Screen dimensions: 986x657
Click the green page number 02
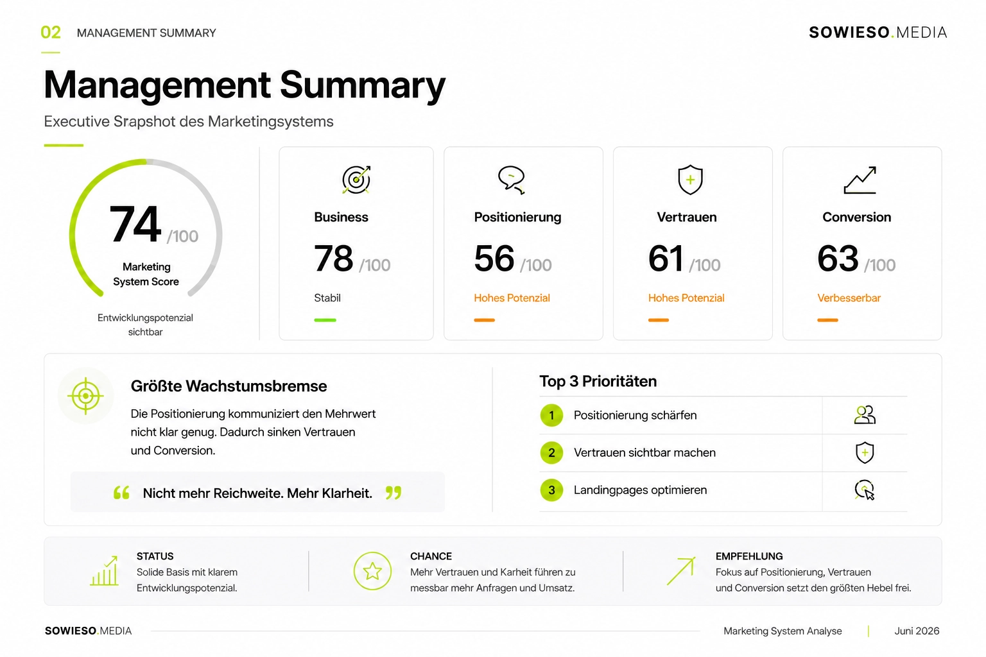tap(51, 33)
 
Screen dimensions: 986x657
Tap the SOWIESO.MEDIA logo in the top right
tap(878, 33)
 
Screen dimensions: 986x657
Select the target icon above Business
tap(356, 180)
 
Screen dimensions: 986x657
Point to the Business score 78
tap(333, 259)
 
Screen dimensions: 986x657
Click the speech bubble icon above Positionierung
tap(512, 180)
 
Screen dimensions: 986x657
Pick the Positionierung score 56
tap(494, 259)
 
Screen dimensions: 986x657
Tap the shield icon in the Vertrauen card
tap(690, 180)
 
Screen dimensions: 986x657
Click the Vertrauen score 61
tap(666, 259)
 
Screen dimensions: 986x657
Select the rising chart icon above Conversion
tap(860, 180)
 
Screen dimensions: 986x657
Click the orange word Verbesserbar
tap(849, 298)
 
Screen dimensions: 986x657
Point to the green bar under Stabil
tap(325, 320)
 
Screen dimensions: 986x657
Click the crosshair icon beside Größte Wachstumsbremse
tap(86, 396)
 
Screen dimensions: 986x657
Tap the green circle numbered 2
tap(551, 452)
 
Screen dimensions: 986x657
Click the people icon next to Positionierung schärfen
tap(865, 414)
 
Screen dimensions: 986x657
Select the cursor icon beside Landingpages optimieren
tap(865, 490)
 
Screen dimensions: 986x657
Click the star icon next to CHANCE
tap(372, 571)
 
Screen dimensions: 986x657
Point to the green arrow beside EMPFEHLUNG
tap(681, 571)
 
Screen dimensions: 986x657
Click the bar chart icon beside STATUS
tap(105, 571)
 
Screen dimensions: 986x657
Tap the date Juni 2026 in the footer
tap(917, 631)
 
